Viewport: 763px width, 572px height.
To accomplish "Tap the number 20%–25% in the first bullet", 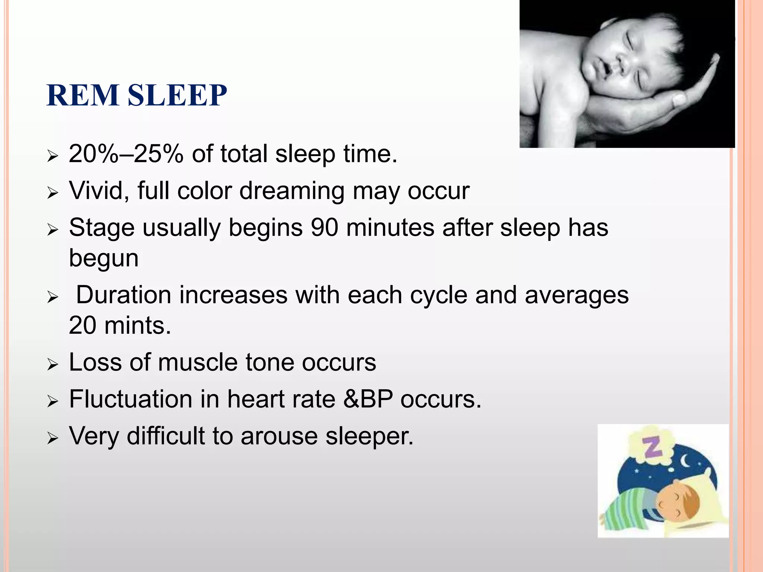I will (126, 154).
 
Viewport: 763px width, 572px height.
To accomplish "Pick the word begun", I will (104, 258).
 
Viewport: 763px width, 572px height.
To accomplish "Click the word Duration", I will (124, 295).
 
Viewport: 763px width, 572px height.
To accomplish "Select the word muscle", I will (197, 362).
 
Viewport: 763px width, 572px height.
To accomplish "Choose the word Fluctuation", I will (130, 399).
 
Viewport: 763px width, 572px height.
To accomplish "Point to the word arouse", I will (279, 436).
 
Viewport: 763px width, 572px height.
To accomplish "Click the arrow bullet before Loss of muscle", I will (53, 364).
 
